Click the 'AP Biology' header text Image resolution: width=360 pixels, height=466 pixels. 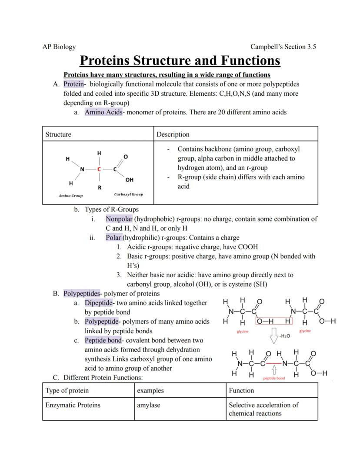click(59, 47)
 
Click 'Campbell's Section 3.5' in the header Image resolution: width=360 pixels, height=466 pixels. click(283, 47)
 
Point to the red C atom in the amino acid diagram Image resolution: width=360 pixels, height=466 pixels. click(99, 169)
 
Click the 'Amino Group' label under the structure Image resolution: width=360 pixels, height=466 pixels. click(70, 196)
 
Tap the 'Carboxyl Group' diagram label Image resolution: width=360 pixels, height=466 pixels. click(128, 194)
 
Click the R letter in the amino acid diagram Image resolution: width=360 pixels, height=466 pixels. click(100, 188)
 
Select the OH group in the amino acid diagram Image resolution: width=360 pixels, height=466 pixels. click(129, 180)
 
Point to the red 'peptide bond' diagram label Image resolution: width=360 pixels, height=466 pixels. click(274, 378)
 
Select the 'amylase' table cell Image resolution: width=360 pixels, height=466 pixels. click(149, 405)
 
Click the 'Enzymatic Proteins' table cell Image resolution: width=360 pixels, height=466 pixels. click(73, 405)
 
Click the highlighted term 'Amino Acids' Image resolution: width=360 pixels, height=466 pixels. click(103, 112)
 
